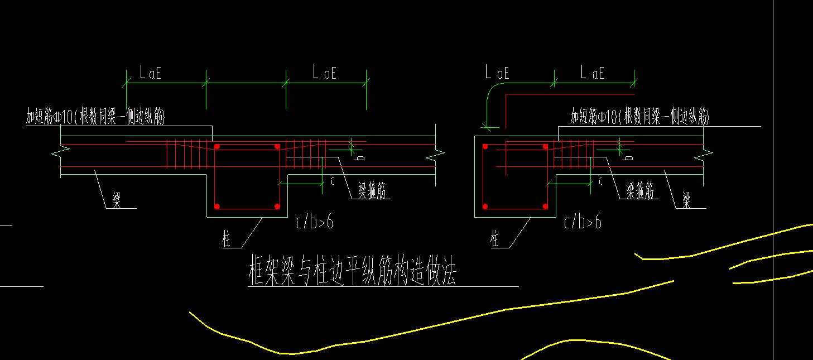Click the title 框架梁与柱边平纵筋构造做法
click(352, 272)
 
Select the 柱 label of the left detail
click(227, 241)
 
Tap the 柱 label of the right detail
click(494, 241)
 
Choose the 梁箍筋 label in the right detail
click(639, 191)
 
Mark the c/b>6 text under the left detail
click(315, 222)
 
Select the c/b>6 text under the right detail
click(583, 222)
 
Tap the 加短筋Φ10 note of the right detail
click(639, 117)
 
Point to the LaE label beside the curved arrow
click(497, 73)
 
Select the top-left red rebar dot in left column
click(218, 147)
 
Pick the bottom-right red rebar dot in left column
click(277, 207)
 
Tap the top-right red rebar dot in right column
click(545, 147)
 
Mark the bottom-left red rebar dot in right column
click(485, 207)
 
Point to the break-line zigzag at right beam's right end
click(707, 150)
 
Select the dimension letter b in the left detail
click(360, 159)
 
